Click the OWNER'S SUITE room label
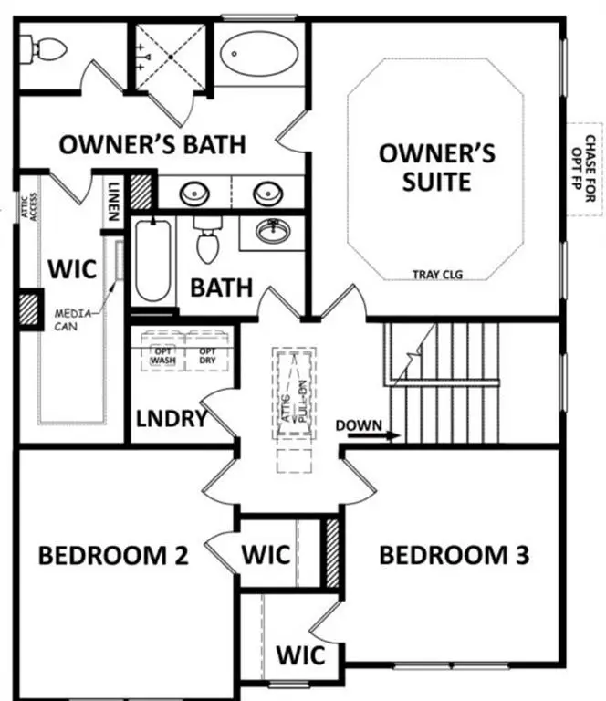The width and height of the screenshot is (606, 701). pyautogui.click(x=437, y=166)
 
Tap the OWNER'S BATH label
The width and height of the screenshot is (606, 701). pyautogui.click(x=151, y=144)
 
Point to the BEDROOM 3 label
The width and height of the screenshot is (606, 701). pyautogui.click(x=454, y=555)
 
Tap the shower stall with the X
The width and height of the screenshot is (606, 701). pyautogui.click(x=171, y=55)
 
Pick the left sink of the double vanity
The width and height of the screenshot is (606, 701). pyautogui.click(x=193, y=194)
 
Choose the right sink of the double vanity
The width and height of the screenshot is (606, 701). pyautogui.click(x=266, y=194)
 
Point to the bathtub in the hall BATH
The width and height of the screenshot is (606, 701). pyautogui.click(x=152, y=262)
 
